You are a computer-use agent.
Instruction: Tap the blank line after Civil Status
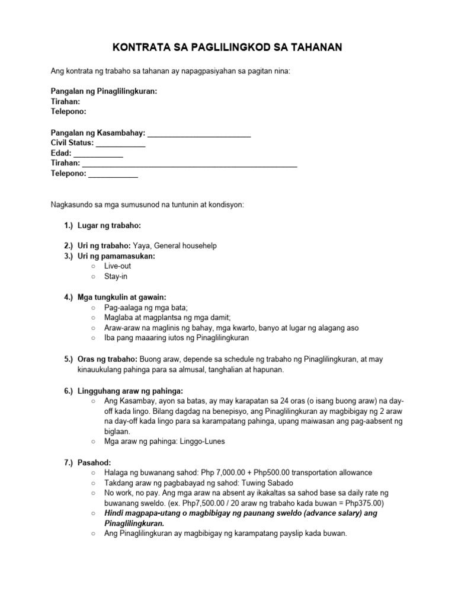pos(120,143)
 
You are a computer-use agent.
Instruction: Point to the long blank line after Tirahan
pos(190,164)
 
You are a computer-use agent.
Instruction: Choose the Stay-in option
pos(116,276)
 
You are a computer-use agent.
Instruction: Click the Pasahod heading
pos(94,461)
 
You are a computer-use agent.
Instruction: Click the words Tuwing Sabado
pos(239,482)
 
